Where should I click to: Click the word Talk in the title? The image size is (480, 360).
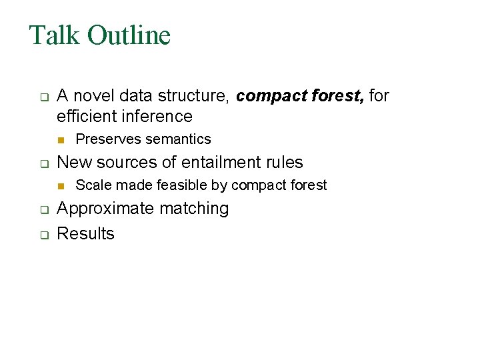[54, 35]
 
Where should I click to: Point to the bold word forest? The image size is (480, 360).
[336, 96]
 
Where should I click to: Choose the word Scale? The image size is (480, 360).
[91, 185]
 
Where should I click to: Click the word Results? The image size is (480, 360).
[85, 234]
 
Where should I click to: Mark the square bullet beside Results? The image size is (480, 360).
[41, 235]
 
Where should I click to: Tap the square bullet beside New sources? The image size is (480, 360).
[41, 163]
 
